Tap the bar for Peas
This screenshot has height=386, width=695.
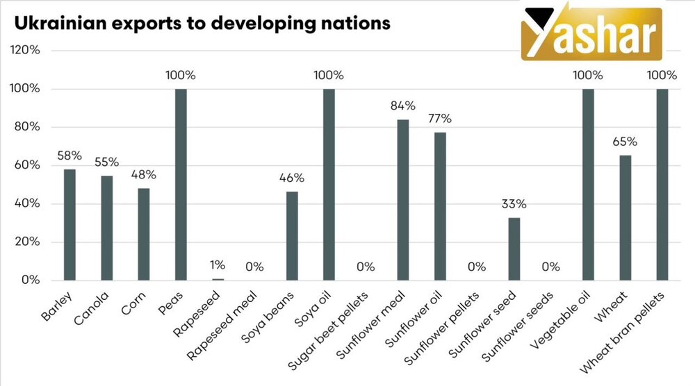pos(181,184)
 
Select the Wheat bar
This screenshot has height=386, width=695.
pos(625,218)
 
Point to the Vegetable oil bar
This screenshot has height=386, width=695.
pos(589,184)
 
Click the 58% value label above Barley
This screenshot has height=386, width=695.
pos(69,155)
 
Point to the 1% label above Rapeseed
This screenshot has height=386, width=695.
pos(218,265)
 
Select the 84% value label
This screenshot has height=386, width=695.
pos(403,106)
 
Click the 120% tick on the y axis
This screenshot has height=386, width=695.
pos(25,51)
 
